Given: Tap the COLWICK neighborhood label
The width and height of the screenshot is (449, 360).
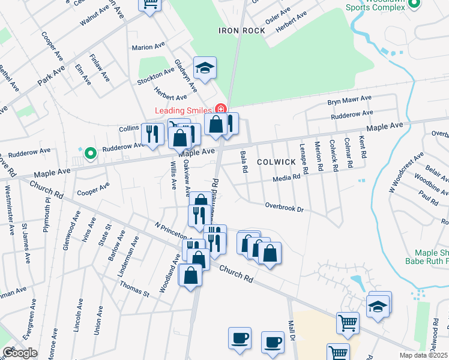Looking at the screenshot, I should click(276, 162).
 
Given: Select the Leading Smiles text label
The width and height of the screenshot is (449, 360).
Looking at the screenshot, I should click(183, 110).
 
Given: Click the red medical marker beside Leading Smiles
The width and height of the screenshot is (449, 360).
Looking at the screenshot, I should click(220, 109).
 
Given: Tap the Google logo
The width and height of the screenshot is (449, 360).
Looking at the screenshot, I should click(20, 353).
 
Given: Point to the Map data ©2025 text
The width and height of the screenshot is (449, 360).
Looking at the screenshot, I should click(424, 355).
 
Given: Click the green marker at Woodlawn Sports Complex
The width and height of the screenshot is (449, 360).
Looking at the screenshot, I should click(413, 4).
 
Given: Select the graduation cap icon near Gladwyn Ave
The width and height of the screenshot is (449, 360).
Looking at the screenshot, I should click(205, 68).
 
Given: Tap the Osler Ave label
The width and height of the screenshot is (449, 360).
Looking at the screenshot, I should click(278, 17).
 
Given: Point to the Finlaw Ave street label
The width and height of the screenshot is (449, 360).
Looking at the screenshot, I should click(100, 67).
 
